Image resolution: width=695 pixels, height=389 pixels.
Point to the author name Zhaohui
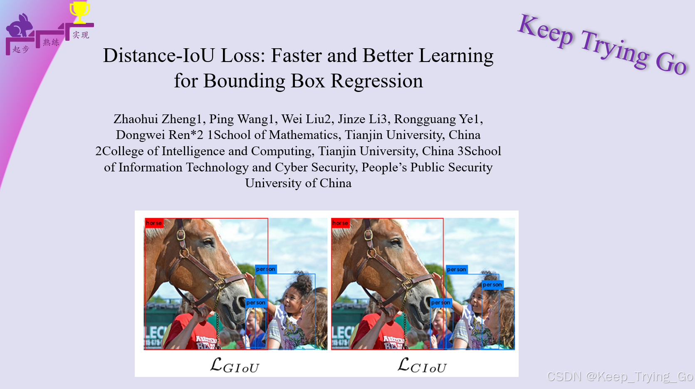coord(136,119)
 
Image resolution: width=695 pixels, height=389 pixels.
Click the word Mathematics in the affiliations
coord(304,135)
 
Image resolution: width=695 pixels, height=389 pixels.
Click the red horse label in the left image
coord(153,223)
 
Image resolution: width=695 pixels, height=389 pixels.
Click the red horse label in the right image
coord(340,223)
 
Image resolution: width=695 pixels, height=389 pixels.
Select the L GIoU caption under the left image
coord(235,366)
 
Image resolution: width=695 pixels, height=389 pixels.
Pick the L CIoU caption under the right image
coord(422,366)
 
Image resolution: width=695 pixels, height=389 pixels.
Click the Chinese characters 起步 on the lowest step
coord(21,50)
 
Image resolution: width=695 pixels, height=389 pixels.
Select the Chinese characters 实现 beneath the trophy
coord(81,35)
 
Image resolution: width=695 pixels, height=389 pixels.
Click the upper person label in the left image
coord(265,269)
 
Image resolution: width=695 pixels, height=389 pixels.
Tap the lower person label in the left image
coord(255,302)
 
